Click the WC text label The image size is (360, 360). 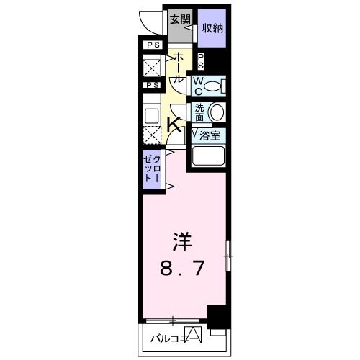197,86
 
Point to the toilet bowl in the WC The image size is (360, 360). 213,86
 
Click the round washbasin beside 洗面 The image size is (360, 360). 216,112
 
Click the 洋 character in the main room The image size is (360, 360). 181,240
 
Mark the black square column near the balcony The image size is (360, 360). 216,315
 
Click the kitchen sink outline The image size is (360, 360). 151,114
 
